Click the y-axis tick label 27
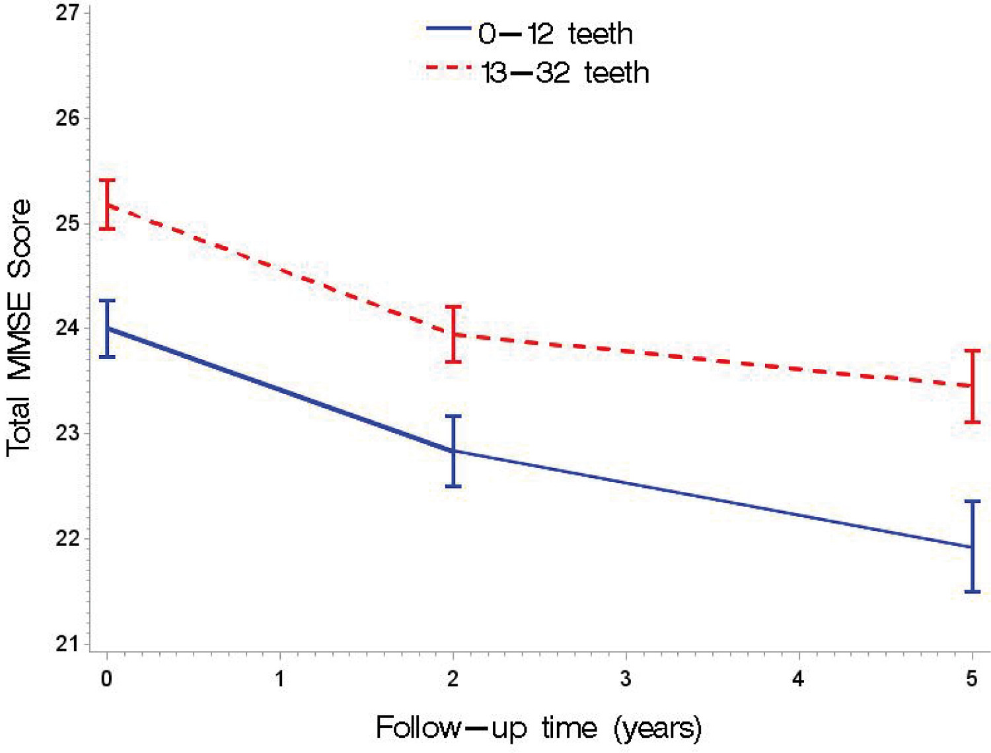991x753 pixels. [x=67, y=13]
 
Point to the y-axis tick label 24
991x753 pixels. [x=67, y=328]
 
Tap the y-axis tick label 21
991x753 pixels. [x=67, y=643]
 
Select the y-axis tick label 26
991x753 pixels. [x=67, y=118]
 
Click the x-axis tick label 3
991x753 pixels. [x=626, y=679]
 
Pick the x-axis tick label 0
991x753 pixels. [x=106, y=679]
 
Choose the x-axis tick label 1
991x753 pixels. [x=279, y=679]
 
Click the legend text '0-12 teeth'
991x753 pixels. [x=555, y=33]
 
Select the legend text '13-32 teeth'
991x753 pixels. [x=565, y=73]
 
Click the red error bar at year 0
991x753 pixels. [x=107, y=204]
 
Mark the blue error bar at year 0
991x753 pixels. [x=107, y=329]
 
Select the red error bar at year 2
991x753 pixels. [x=453, y=334]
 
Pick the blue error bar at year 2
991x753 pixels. [x=453, y=451]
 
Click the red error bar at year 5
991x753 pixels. [x=973, y=386]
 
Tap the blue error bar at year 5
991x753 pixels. [x=973, y=547]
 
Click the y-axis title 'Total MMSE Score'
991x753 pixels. [x=18, y=328]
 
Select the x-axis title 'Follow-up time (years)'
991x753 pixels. [x=538, y=728]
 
